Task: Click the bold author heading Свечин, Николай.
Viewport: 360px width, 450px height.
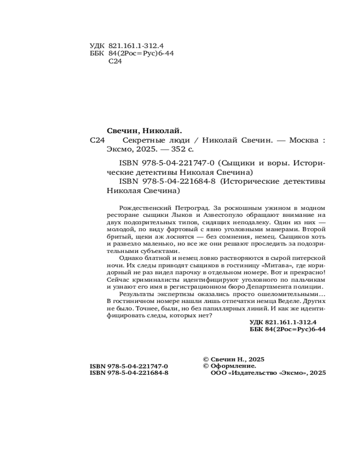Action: (143, 130)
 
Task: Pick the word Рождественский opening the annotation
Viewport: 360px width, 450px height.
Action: (142, 208)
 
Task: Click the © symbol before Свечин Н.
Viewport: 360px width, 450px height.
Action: (206, 359)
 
